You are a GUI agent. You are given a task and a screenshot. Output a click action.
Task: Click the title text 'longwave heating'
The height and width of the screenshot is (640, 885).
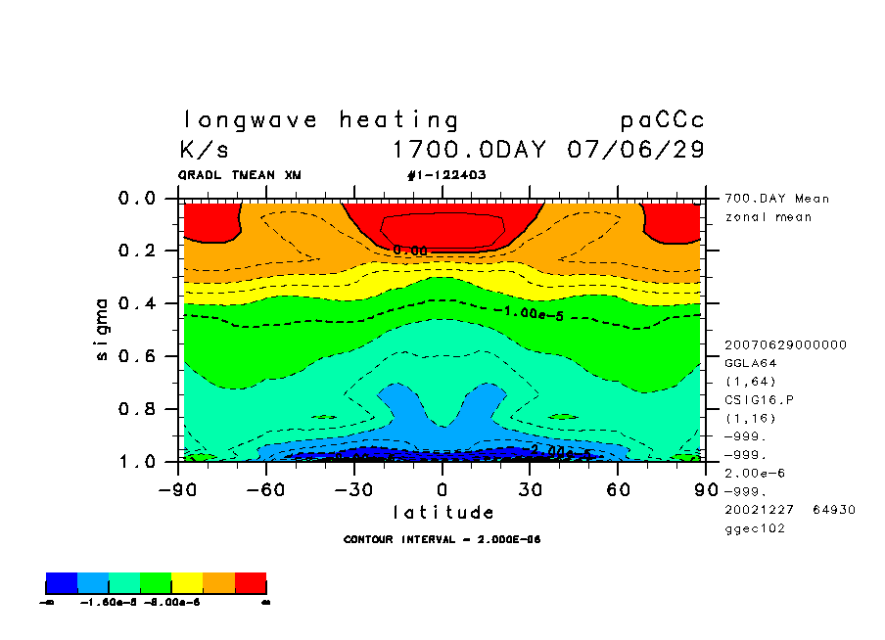coord(320,120)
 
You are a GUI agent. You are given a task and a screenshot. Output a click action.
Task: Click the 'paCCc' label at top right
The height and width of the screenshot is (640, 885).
coord(662,120)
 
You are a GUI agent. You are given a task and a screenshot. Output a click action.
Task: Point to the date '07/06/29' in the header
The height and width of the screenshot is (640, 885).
coord(635,151)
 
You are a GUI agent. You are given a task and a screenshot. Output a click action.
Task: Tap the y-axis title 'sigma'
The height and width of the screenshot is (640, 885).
coord(103,329)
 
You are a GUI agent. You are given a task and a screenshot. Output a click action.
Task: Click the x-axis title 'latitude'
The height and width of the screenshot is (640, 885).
coord(442,512)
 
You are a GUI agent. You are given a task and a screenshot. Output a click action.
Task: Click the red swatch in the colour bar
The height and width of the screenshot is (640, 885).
coord(251,584)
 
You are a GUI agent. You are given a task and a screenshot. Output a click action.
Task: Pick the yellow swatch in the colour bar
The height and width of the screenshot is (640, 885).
coord(187,584)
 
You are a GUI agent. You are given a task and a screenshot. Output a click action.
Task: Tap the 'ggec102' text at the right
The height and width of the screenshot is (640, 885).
coord(754,528)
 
